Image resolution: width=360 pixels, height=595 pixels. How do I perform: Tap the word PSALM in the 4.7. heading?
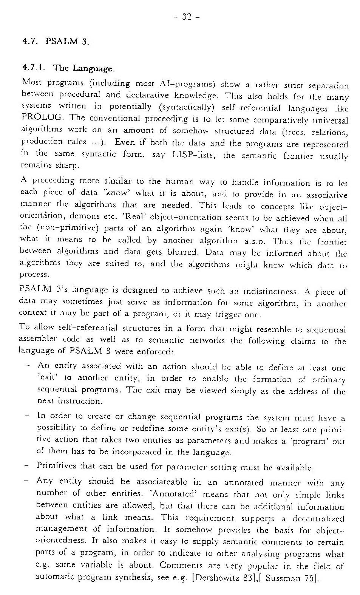[61, 41]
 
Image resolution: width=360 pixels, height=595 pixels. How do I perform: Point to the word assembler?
[35, 339]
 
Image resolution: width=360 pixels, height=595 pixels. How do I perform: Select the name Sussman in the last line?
[283, 578]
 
